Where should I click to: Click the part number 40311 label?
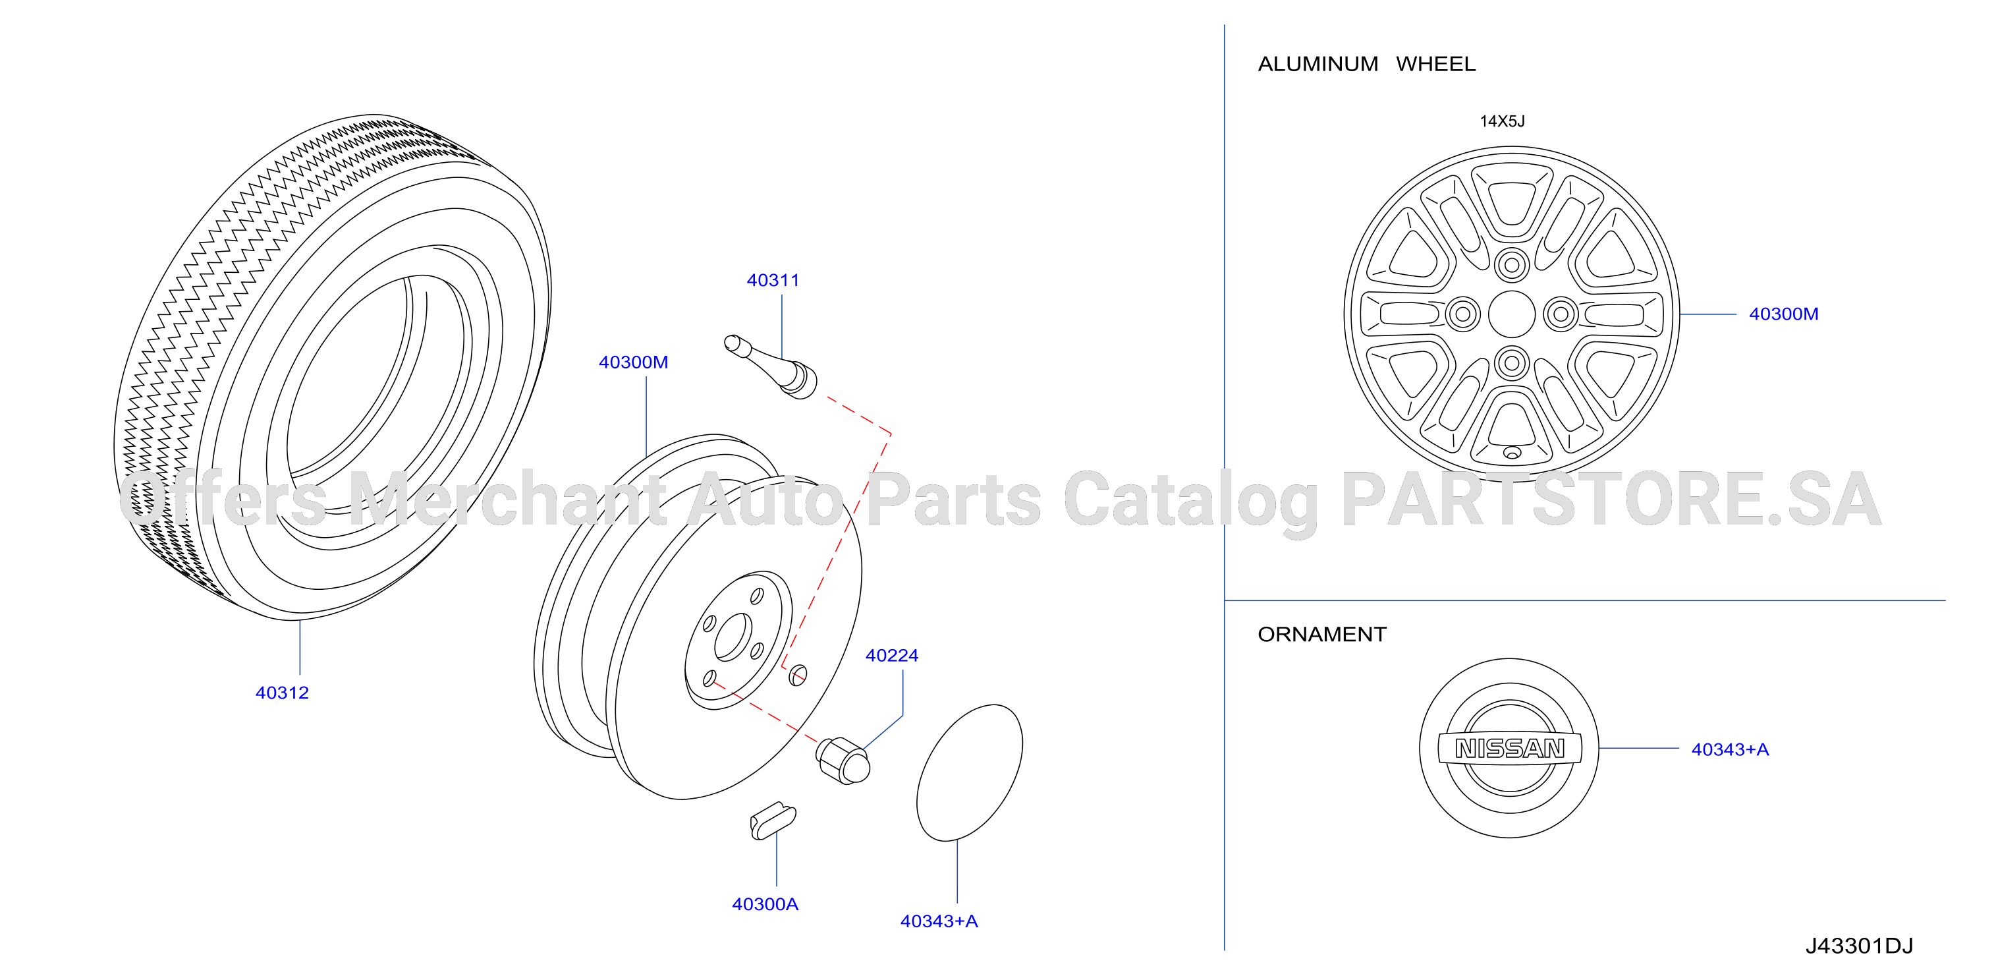point(773,280)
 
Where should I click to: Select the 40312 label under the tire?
point(282,692)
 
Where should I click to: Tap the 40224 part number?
point(892,655)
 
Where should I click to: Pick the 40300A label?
point(765,904)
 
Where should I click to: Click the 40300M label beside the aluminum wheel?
point(1784,314)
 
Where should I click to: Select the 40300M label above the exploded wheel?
point(633,362)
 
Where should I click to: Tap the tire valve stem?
point(770,366)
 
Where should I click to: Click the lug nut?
point(843,761)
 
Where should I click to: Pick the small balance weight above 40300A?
point(773,820)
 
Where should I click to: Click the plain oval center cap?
point(969,772)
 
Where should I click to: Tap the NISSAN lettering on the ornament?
point(1509,748)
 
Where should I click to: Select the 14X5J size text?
point(1502,121)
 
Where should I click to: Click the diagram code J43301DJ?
point(1860,946)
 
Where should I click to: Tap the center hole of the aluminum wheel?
point(1511,314)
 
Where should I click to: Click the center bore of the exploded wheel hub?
point(733,637)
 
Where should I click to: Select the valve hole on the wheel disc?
point(797,675)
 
